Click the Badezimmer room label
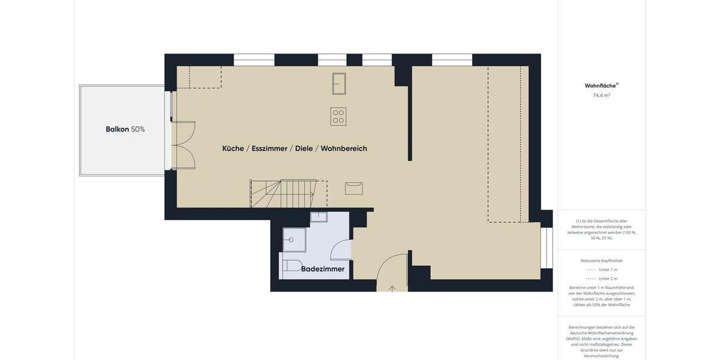pyautogui.click(x=323, y=269)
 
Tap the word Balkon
pyautogui.click(x=117, y=129)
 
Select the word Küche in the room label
pyautogui.click(x=233, y=148)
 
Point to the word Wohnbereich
pyautogui.click(x=344, y=148)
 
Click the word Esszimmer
pyautogui.click(x=269, y=148)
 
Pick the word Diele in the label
pyautogui.click(x=304, y=148)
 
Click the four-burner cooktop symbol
pyautogui.click(x=338, y=116)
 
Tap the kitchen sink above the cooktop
pyautogui.click(x=339, y=83)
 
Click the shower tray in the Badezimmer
pyautogui.click(x=294, y=239)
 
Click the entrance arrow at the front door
pyautogui.click(x=392, y=289)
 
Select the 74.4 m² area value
pyautogui.click(x=601, y=95)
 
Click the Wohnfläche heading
pyautogui.click(x=601, y=86)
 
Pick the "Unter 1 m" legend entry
pyautogui.click(x=608, y=269)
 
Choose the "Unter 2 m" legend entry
pyautogui.click(x=608, y=278)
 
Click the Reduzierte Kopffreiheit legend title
pyautogui.click(x=601, y=260)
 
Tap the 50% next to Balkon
pyautogui.click(x=138, y=129)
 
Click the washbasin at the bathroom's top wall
pyautogui.click(x=319, y=217)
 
